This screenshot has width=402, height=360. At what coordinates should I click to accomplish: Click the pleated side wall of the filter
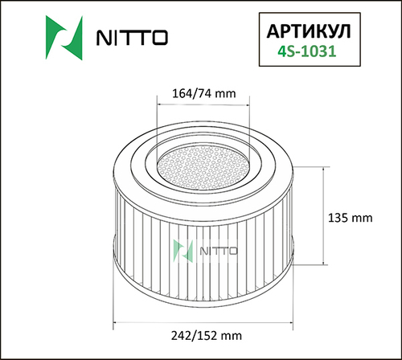(145, 241)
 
